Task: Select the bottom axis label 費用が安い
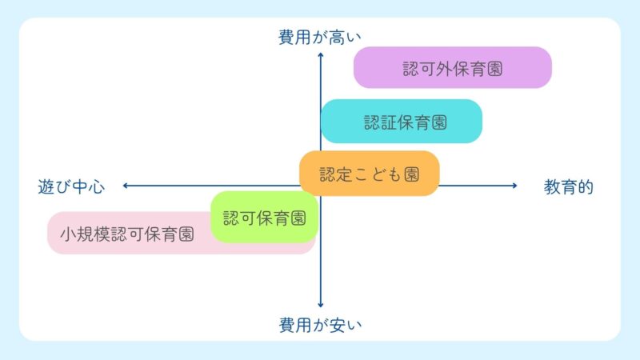320,325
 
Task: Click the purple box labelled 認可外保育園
453,68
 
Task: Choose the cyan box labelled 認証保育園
402,122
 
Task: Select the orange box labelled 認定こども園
370,173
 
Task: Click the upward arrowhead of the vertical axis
320,54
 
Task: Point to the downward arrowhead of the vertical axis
320,305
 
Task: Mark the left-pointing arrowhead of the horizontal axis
126,186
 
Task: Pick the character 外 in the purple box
453,68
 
